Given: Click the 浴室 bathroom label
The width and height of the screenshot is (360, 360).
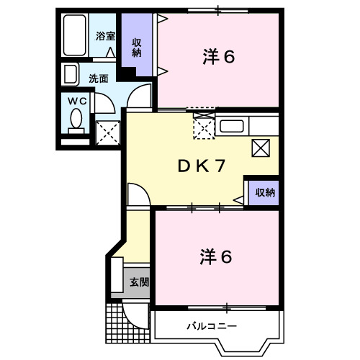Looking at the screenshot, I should click(x=106, y=35).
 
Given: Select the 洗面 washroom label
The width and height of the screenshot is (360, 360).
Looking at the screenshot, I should click(x=99, y=78).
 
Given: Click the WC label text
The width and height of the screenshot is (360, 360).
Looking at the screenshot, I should click(x=76, y=102).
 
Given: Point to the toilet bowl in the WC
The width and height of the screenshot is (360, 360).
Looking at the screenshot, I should click(x=76, y=121).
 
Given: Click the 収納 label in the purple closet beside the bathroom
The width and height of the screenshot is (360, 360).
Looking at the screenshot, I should click(x=137, y=47).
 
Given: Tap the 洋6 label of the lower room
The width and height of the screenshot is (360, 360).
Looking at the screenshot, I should click(x=216, y=256).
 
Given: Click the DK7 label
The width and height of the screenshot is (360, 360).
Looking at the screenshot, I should click(x=202, y=166).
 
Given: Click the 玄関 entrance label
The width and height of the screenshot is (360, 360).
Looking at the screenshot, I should click(x=139, y=282).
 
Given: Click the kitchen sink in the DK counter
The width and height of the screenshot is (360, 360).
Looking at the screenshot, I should click(x=231, y=127).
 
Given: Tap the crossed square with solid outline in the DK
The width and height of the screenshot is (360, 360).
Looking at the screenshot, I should click(x=261, y=148).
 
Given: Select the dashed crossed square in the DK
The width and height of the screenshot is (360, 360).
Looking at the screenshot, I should click(x=204, y=129).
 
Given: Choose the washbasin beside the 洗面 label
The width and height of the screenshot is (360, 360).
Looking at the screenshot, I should click(x=71, y=74).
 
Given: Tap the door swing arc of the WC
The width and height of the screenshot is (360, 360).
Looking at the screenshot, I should click(x=99, y=105).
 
